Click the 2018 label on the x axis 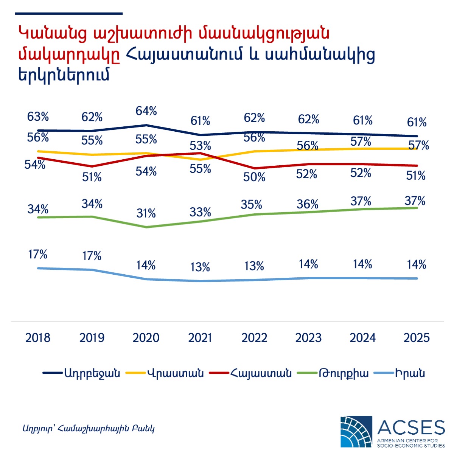point(38,337)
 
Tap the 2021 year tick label point(200,337)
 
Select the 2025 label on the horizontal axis point(417,337)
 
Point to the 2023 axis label point(308,337)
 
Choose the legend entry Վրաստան point(175,373)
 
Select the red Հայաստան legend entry point(261,373)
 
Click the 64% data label point(146,111)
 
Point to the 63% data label point(38,117)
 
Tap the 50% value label point(254,177)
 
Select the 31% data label point(146,213)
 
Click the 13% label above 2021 point(200,267)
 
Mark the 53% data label point(201,146)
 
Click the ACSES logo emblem point(356,431)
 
